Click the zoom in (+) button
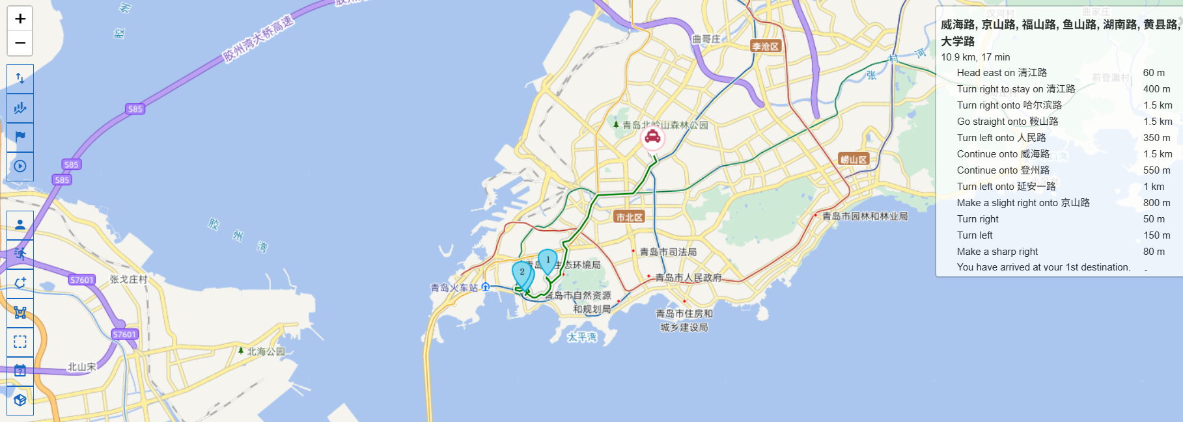(20, 19)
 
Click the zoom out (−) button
(20, 43)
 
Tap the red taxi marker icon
(652, 137)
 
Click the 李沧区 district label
(766, 46)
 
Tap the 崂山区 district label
(854, 159)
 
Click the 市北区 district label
(629, 217)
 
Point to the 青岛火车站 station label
(454, 287)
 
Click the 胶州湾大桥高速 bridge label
(258, 40)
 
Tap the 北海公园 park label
(266, 351)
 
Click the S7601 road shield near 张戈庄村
(82, 280)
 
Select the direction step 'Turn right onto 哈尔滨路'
(1009, 105)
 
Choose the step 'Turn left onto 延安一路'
(1006, 187)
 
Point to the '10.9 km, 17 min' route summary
(975, 57)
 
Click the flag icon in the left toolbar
(20, 137)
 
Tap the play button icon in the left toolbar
(20, 166)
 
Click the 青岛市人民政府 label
(688, 278)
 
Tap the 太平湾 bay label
(582, 337)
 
